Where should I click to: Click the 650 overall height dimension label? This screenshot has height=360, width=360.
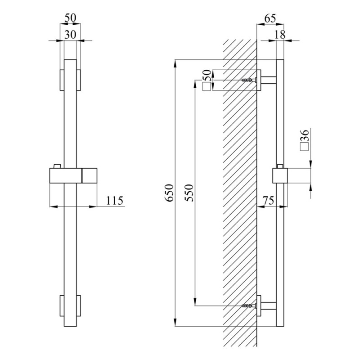pyautogui.click(x=170, y=193)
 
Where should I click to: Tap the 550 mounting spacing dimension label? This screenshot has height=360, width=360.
pyautogui.click(x=189, y=193)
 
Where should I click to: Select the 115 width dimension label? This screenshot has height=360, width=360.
pyautogui.click(x=115, y=201)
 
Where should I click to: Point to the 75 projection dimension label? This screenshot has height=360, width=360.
pyautogui.click(x=268, y=200)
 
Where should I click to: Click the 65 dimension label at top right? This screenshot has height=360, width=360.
pyautogui.click(x=270, y=18)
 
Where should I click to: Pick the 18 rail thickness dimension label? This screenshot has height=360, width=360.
pyautogui.click(x=280, y=35)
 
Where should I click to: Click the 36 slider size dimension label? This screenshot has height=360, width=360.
pyautogui.click(x=305, y=135)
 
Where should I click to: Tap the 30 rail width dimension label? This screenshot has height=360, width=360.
pyautogui.click(x=70, y=35)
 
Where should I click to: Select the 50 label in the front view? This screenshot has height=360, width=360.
pyautogui.click(x=70, y=18)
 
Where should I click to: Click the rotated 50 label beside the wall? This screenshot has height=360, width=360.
pyautogui.click(x=207, y=76)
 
